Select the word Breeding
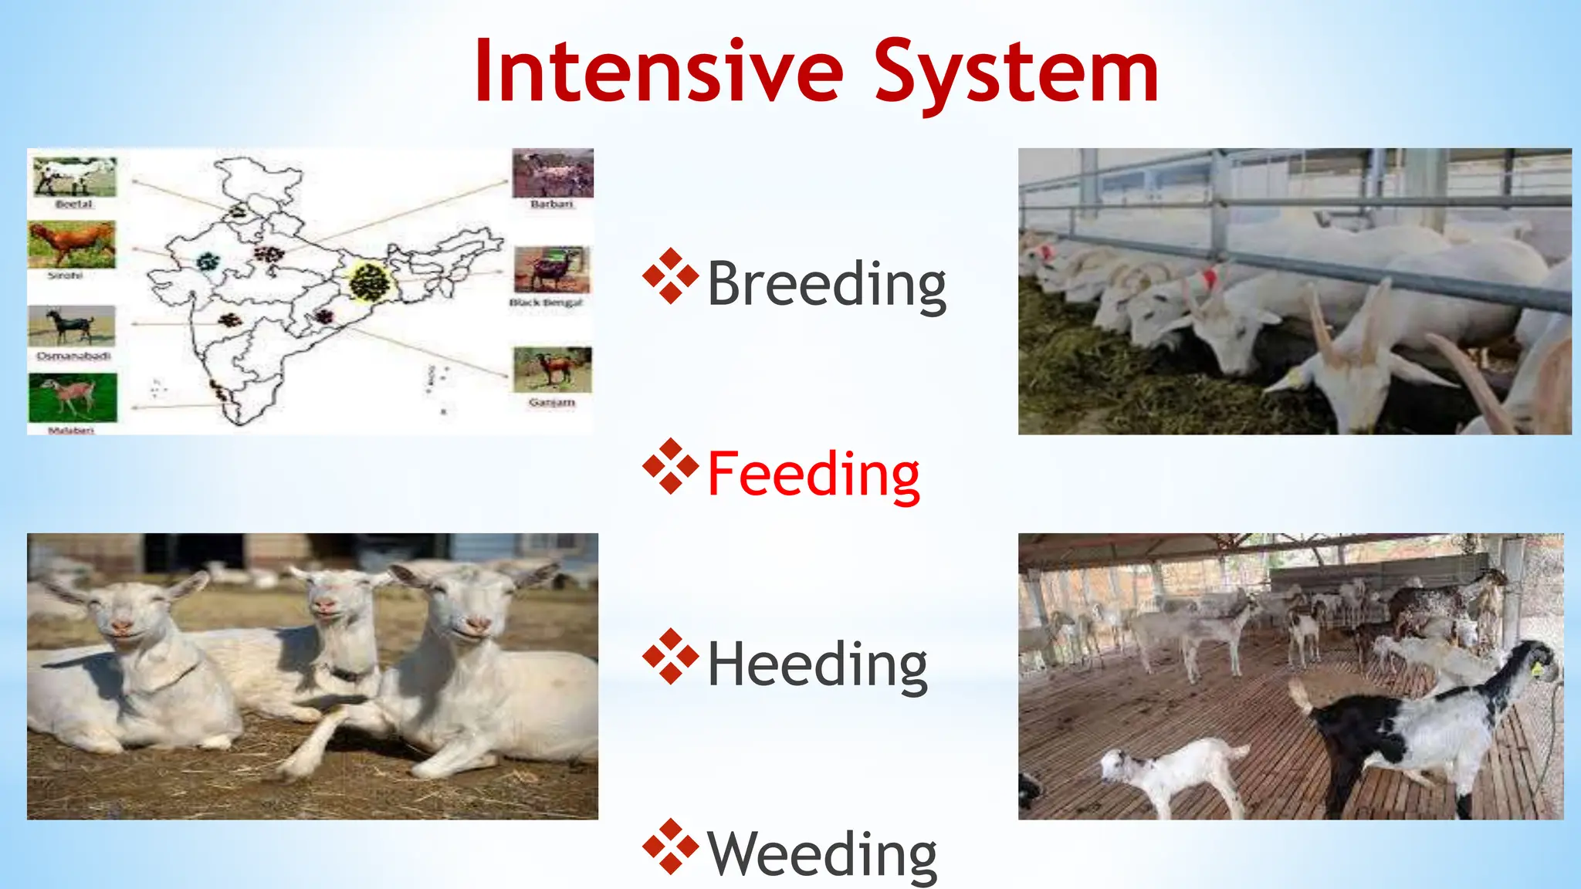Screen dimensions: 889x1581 pyautogui.click(x=826, y=284)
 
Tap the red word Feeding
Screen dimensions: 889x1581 pyautogui.click(x=813, y=474)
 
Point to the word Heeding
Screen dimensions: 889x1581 pyautogui.click(x=817, y=664)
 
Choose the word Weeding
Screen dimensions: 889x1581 pyautogui.click(x=821, y=854)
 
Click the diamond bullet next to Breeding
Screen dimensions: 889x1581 pyautogui.click(x=670, y=275)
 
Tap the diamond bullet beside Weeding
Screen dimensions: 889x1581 pyautogui.click(x=670, y=846)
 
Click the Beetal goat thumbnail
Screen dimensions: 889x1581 pyautogui.click(x=74, y=177)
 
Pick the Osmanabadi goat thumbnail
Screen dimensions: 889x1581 pyautogui.click(x=71, y=326)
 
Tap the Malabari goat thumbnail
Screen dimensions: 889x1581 pyautogui.click(x=73, y=397)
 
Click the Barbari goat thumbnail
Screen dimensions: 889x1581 pyautogui.click(x=552, y=174)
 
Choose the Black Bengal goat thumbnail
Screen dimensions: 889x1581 pyautogui.click(x=551, y=269)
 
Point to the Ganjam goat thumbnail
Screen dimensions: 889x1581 pyautogui.click(x=551, y=370)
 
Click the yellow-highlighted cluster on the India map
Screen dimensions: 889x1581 pyautogui.click(x=370, y=282)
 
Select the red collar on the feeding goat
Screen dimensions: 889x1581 pyautogui.click(x=1208, y=277)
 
